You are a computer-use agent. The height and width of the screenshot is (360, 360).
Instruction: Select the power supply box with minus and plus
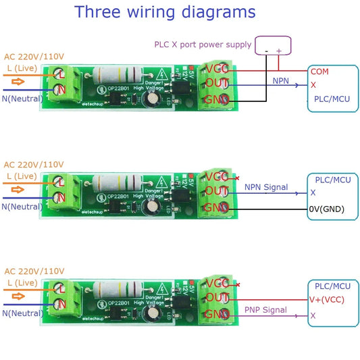point(274,46)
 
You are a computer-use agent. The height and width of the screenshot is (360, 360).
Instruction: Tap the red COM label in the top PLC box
point(319,71)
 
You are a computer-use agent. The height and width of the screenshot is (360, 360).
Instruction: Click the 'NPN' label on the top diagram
point(281,80)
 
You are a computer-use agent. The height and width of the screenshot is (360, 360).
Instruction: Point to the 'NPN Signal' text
point(265,187)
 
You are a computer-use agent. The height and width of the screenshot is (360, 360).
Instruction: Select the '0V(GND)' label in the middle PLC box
point(326,209)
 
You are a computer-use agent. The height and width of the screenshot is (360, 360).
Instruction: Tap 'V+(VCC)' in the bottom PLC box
point(328,300)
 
